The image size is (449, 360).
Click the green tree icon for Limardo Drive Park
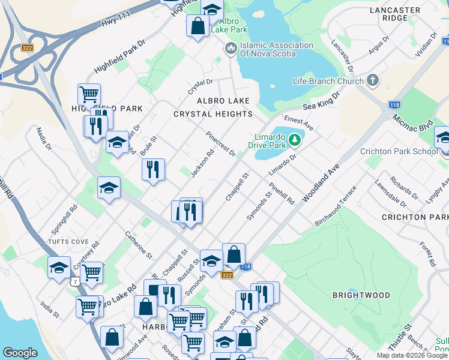294,140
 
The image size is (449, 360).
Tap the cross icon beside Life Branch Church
373,80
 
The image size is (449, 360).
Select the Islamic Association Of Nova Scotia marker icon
231,49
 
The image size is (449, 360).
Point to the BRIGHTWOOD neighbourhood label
361,295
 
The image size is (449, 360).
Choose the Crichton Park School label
399,151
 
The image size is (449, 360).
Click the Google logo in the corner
20,353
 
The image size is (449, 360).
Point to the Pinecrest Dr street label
220,143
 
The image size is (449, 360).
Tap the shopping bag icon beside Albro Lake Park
197,26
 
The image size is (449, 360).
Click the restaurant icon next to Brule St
154,169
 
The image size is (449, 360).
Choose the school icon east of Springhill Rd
109,188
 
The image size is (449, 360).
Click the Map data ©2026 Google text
412,355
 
